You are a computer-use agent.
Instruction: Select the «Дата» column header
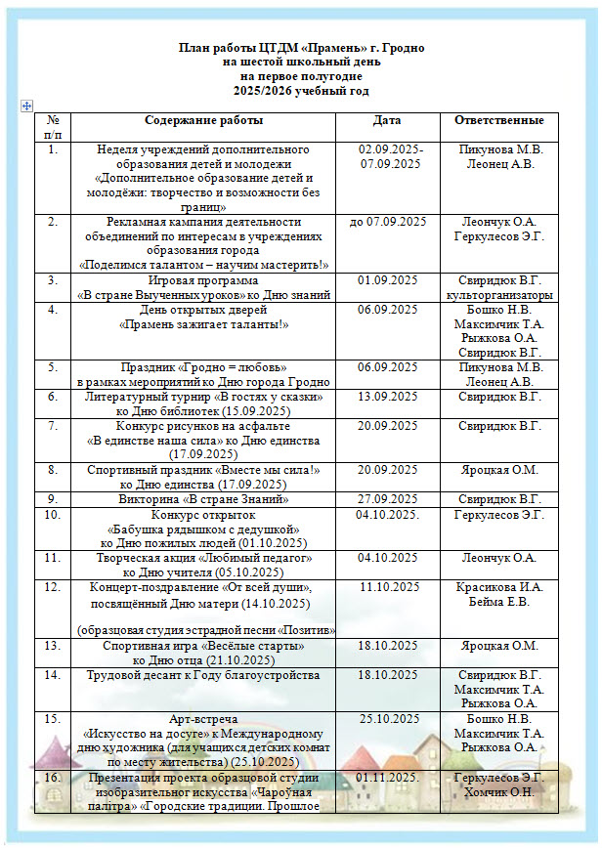click(x=387, y=121)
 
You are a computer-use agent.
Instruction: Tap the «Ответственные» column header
click(x=499, y=121)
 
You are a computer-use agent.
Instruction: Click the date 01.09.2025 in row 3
click(x=387, y=280)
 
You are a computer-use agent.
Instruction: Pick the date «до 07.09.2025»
click(x=387, y=222)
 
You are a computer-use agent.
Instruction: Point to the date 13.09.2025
click(x=387, y=398)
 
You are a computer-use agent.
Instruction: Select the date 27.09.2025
click(x=387, y=499)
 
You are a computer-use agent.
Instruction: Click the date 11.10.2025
click(x=390, y=587)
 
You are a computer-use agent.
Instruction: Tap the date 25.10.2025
click(x=390, y=719)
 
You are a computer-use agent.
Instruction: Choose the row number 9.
click(x=54, y=499)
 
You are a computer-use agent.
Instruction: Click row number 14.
click(x=54, y=675)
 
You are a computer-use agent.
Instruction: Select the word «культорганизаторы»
click(x=499, y=295)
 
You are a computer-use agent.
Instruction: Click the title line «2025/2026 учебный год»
click(x=301, y=90)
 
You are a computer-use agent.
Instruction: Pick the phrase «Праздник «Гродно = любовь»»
click(x=203, y=367)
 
